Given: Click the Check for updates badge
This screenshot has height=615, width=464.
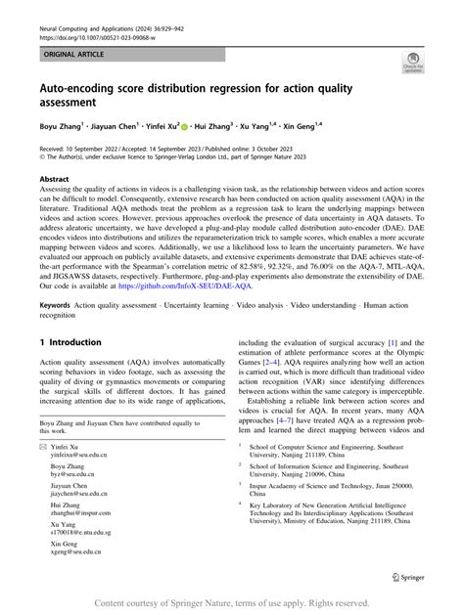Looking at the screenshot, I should (x=412, y=66).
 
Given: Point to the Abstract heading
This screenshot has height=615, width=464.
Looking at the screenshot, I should (x=54, y=180).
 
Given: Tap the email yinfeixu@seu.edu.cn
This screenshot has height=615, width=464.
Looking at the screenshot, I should (x=80, y=455).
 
